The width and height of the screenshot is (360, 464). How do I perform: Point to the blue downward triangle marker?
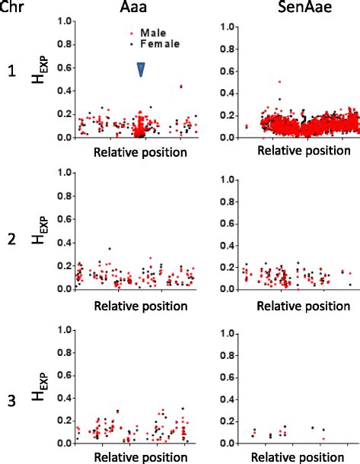point(141,69)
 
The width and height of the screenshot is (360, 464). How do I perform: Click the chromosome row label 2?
point(11,240)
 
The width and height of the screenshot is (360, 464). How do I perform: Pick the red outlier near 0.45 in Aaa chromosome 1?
point(180,87)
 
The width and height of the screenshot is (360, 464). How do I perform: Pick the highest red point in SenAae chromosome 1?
point(279,81)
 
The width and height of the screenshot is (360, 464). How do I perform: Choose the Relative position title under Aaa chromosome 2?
point(140,307)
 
